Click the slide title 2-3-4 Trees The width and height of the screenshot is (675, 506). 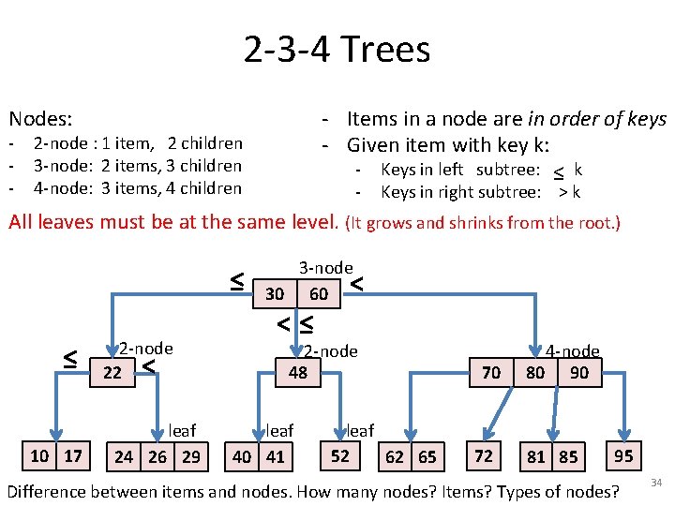click(337, 49)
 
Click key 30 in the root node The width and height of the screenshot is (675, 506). click(275, 293)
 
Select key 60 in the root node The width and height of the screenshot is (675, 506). click(319, 293)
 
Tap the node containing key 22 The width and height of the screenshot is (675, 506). click(112, 372)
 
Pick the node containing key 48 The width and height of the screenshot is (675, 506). click(298, 372)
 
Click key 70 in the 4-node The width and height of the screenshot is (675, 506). click(490, 372)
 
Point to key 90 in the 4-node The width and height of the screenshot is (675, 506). click(579, 372)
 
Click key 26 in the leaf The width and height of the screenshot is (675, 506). click(157, 457)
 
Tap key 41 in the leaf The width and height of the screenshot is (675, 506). click(275, 457)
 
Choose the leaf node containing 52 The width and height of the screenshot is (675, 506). click(340, 456)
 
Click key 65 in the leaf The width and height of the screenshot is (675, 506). click(427, 457)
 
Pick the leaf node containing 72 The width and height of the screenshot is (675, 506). click(484, 456)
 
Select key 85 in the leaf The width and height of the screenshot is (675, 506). click(568, 457)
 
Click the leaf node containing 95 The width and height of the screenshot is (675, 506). click(623, 456)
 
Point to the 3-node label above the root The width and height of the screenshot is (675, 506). click(325, 268)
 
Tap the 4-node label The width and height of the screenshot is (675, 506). click(574, 351)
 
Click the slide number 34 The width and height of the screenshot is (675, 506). click(656, 484)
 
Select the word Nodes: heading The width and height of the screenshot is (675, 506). click(41, 119)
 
